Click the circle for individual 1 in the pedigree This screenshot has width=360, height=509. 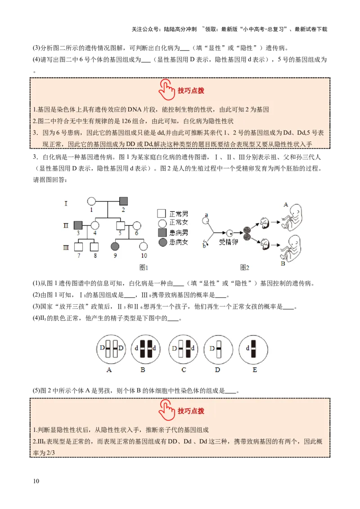(x=91, y=201)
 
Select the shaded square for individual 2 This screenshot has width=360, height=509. (x=123, y=201)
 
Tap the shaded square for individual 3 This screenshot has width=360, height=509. (x=78, y=224)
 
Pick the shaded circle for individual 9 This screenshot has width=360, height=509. (x=115, y=246)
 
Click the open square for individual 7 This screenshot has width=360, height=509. (x=78, y=246)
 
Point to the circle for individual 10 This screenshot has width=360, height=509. (x=144, y=246)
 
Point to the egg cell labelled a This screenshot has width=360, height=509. (x=206, y=221)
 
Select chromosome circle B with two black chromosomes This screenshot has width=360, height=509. (x=143, y=348)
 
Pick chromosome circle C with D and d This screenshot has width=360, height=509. (x=184, y=348)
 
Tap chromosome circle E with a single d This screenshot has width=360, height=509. (x=253, y=348)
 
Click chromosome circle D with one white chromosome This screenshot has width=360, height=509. (x=218, y=348)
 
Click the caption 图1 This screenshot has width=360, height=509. (x=144, y=268)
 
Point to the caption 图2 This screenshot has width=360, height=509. (x=244, y=268)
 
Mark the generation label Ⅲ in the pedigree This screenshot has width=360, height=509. (x=66, y=246)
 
